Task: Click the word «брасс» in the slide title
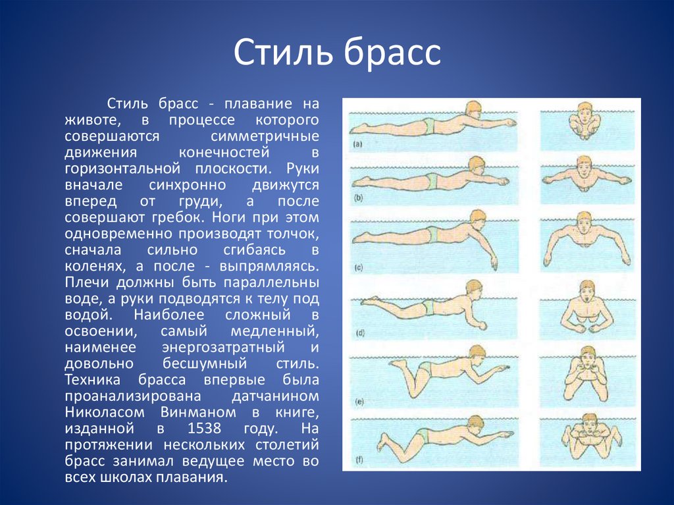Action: [x=392, y=53]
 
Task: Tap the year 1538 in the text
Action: [x=205, y=428]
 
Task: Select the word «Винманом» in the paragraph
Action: [x=198, y=412]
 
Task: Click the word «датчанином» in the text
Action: [x=276, y=396]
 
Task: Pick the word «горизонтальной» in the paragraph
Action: [x=122, y=169]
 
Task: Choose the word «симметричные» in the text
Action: [x=265, y=136]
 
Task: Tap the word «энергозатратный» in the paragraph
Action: [x=224, y=348]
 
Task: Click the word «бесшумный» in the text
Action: [x=205, y=363]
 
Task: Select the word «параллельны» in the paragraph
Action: [x=272, y=282]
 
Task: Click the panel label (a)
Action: [x=357, y=145]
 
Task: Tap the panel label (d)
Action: [x=360, y=333]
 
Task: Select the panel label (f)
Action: [x=359, y=460]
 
